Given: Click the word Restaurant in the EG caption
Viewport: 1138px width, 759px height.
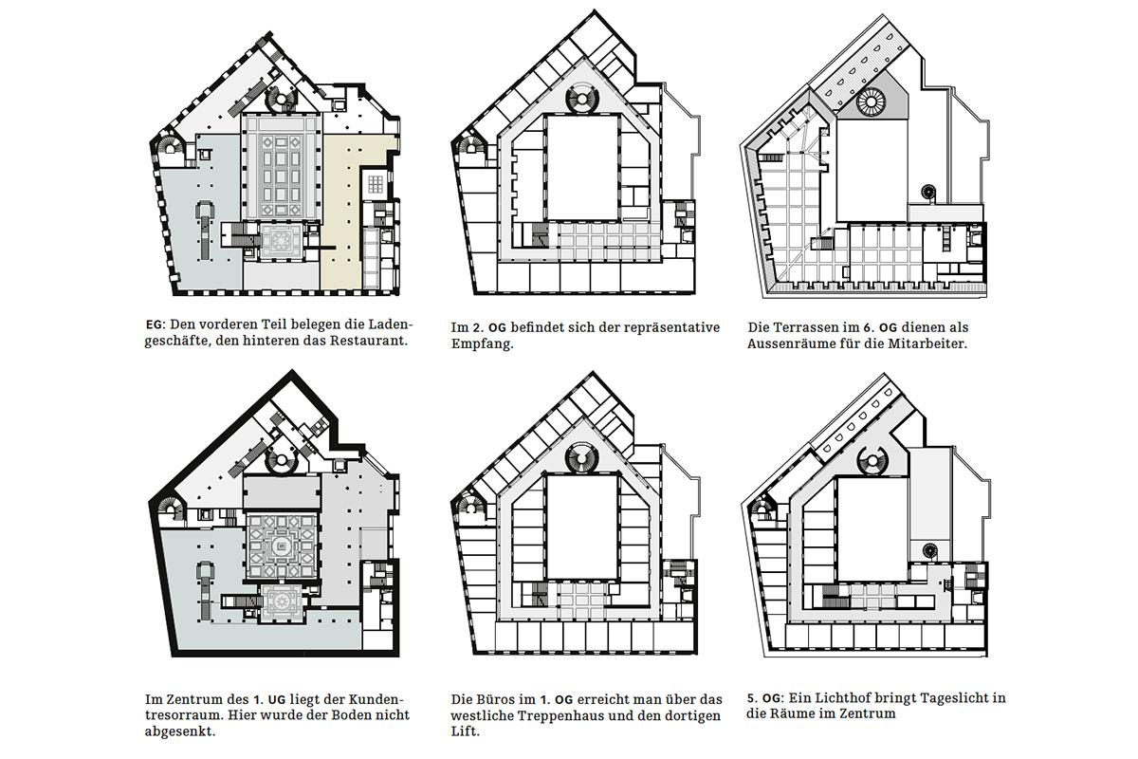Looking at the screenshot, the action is point(368,341).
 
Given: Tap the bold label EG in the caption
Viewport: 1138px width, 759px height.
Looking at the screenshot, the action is point(154,324).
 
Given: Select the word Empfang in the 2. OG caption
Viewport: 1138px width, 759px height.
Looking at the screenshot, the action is point(481,344).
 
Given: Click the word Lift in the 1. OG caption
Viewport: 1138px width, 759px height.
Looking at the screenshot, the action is point(464,731).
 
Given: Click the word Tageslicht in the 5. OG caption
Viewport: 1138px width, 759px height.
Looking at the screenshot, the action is point(952,698).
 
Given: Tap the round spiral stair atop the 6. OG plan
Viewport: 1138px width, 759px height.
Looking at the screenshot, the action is point(871,102).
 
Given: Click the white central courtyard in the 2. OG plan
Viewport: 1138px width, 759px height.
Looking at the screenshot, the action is point(582,168).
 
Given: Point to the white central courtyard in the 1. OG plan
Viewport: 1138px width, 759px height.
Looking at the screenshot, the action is point(582,527).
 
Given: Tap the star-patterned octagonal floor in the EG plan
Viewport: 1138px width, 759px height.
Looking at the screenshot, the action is point(282,239).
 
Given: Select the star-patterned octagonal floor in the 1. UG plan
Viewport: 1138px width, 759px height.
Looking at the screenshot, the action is point(282,602).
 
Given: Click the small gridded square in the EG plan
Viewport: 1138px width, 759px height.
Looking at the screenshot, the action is point(376,183).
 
